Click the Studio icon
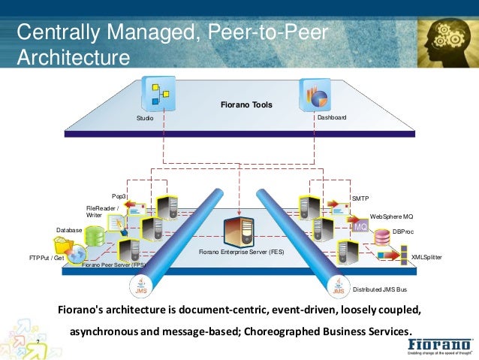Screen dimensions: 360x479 pos(158,94)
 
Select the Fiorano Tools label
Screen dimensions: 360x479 pos(246,104)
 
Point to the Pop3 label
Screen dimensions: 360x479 pos(119,196)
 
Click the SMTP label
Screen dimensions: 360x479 pos(360,198)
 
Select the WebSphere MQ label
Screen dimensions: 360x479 pos(391,216)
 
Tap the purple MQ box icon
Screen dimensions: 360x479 pos(360,226)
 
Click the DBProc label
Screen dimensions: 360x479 pos(402,231)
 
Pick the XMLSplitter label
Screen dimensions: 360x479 pos(426,257)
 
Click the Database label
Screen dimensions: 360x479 pos(69,230)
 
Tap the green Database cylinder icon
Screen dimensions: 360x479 pos(95,236)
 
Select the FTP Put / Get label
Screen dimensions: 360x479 pos(47,257)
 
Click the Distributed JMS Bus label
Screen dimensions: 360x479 pos(380,289)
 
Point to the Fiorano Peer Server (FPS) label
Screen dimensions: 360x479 pos(113,265)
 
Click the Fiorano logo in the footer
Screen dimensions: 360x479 pos(440,345)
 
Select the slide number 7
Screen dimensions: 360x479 pos(38,342)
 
